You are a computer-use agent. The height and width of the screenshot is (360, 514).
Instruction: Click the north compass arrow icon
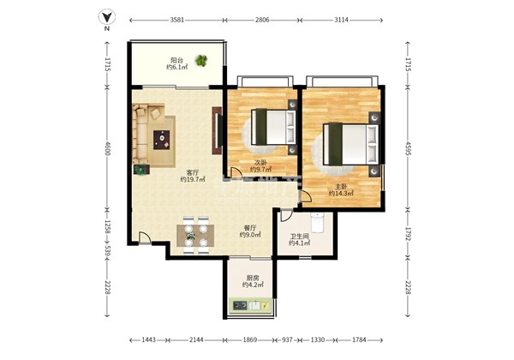click(107, 17)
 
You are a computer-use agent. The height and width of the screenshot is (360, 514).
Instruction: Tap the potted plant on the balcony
click(201, 60)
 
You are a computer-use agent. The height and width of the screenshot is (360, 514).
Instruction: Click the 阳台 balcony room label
click(176, 60)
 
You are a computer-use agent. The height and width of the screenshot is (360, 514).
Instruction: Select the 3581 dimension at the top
click(177, 20)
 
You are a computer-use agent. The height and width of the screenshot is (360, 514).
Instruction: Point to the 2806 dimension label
click(262, 20)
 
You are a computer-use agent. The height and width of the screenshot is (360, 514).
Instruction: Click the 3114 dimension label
click(341, 20)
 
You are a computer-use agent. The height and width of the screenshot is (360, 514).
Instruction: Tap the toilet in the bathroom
click(318, 222)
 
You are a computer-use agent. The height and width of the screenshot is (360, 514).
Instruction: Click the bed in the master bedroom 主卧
click(350, 144)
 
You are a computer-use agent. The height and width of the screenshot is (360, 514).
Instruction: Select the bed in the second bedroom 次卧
click(274, 127)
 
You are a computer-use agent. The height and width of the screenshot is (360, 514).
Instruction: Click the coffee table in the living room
click(162, 140)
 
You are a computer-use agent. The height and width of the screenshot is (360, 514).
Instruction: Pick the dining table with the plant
click(195, 236)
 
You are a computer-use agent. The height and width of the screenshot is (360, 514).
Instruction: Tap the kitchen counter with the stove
click(251, 306)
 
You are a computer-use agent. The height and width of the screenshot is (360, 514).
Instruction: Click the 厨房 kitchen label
click(253, 278)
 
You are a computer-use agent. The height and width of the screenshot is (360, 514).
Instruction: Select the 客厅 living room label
click(193, 172)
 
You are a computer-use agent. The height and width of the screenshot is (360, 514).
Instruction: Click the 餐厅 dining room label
click(250, 227)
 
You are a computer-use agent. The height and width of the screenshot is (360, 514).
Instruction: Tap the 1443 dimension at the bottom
click(148, 340)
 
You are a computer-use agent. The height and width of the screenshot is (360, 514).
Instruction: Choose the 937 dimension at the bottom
click(287, 340)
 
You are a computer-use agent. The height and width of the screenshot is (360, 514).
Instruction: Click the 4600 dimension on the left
click(107, 148)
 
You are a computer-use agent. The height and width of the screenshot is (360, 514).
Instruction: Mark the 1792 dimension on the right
click(408, 234)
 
